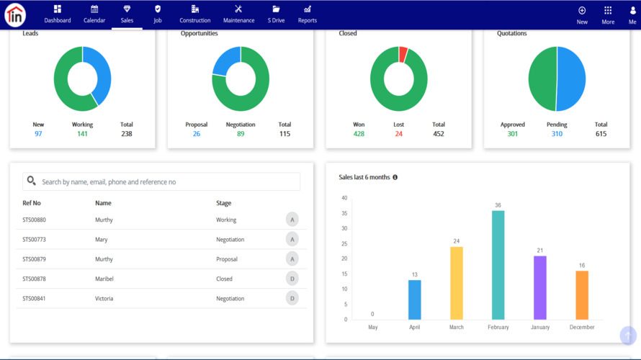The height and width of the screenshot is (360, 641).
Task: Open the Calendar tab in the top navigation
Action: coord(94,14)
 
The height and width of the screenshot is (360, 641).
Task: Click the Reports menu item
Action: coord(308,14)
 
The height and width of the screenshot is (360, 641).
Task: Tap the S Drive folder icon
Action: coord(276,9)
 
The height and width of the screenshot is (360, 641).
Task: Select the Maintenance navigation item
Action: coord(238,14)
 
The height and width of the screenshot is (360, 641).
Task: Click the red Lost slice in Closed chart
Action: coord(403,53)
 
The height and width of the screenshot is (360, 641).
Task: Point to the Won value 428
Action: coord(359,134)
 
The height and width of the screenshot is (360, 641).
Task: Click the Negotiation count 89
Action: coord(241,134)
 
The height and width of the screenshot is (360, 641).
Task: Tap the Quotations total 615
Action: coord(601,134)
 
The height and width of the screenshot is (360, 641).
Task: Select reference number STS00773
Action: coord(34,240)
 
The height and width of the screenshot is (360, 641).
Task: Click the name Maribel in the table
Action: coord(104,279)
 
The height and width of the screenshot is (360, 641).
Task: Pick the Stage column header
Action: coord(223,203)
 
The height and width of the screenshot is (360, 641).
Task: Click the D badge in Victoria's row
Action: coord(292,298)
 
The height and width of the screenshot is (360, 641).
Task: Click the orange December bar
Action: coord(582,295)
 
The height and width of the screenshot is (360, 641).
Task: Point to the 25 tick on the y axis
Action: coord(344,243)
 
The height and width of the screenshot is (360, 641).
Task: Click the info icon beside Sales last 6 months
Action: coord(395,177)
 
